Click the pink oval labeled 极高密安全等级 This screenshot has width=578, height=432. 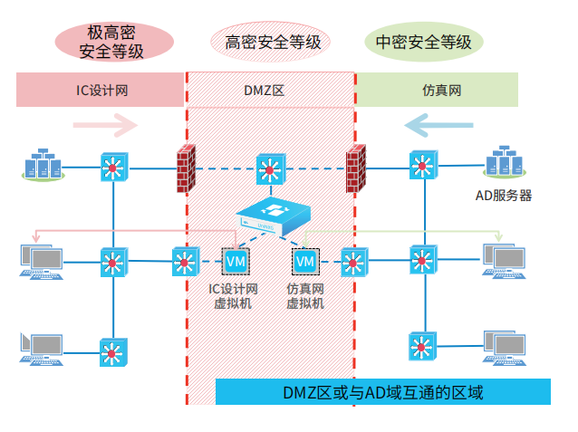(x=112, y=41)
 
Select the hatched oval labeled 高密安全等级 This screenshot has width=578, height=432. (x=270, y=42)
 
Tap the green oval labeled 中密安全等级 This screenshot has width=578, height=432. (x=423, y=42)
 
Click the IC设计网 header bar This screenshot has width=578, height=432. (x=101, y=90)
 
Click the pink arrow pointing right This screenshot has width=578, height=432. (x=112, y=125)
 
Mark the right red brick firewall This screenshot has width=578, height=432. (x=354, y=168)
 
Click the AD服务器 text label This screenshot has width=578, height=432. (x=504, y=195)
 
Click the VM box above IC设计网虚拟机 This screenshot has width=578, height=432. (x=236, y=261)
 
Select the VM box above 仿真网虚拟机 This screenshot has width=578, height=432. (x=304, y=261)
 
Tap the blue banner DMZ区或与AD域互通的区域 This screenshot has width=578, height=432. (x=382, y=392)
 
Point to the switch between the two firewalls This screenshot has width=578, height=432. (x=269, y=168)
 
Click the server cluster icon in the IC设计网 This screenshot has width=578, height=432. (x=43, y=167)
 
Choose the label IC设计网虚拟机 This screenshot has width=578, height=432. (x=235, y=296)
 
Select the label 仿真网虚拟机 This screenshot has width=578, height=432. (x=304, y=296)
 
